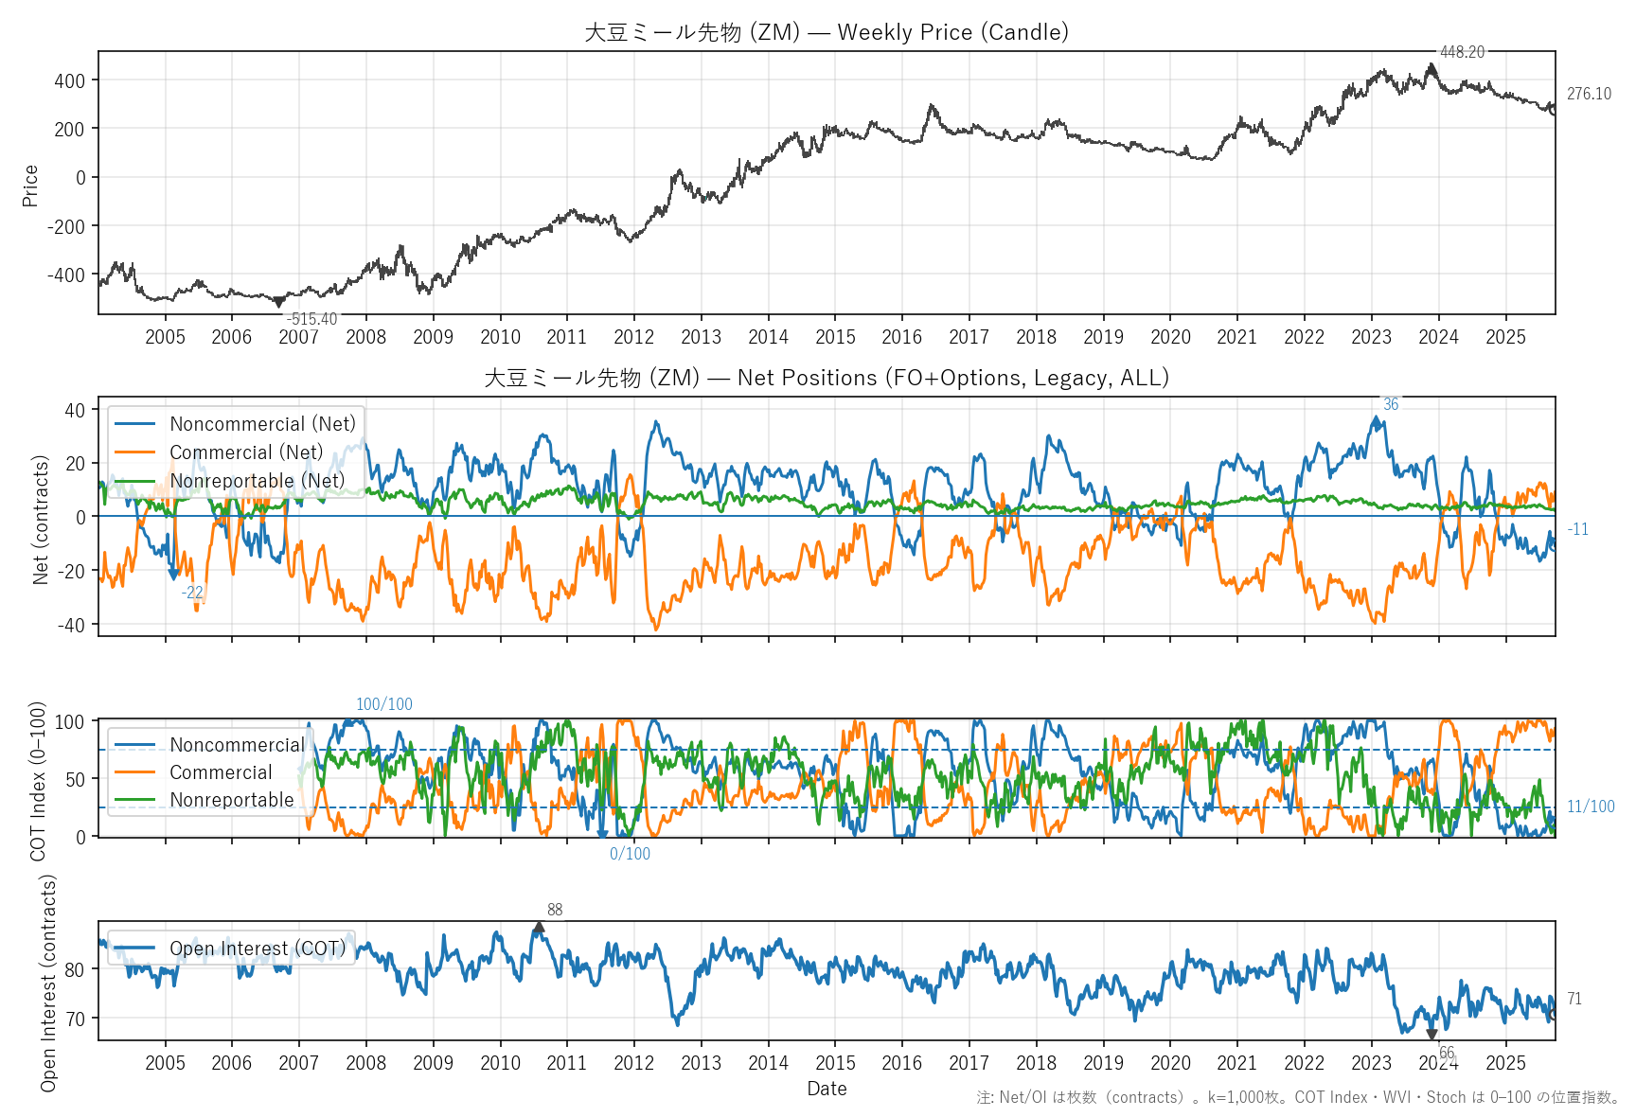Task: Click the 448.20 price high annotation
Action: [1462, 52]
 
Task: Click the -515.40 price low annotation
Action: [311, 319]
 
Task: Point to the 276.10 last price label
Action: [1589, 94]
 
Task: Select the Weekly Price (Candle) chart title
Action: [826, 32]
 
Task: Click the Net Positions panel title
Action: [826, 378]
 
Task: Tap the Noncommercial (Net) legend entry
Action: [262, 424]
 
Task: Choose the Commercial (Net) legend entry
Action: [246, 452]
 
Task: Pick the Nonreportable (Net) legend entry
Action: [257, 481]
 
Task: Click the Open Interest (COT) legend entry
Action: [258, 949]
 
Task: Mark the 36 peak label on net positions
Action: [1390, 404]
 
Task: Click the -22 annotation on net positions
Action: [192, 593]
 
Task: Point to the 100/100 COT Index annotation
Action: [384, 704]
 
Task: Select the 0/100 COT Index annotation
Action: [630, 854]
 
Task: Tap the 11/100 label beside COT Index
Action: [1591, 807]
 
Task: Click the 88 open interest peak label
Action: [555, 910]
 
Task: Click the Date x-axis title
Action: [827, 1089]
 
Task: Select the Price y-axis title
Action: [30, 186]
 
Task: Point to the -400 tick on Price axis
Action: [68, 275]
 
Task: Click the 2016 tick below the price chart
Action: [901, 337]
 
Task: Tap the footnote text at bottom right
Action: [1298, 1097]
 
